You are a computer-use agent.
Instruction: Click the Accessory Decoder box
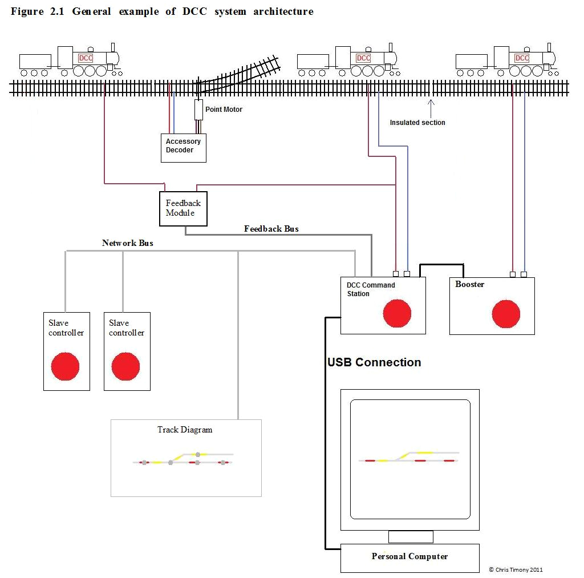pyautogui.click(x=183, y=148)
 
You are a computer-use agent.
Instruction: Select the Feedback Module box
pyautogui.click(x=183, y=209)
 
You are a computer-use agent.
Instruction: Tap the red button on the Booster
pyautogui.click(x=506, y=314)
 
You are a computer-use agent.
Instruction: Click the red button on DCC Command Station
pyautogui.click(x=397, y=313)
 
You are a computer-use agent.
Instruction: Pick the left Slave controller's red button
pyautogui.click(x=66, y=366)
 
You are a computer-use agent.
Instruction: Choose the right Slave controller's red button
pyautogui.click(x=125, y=366)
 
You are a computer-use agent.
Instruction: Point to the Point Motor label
pyautogui.click(x=224, y=110)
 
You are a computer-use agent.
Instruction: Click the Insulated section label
pyautogui.click(x=417, y=123)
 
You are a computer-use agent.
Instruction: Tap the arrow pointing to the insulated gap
pyautogui.click(x=431, y=106)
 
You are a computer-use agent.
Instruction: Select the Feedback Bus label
pyautogui.click(x=271, y=229)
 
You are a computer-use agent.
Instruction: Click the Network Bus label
pyautogui.click(x=127, y=243)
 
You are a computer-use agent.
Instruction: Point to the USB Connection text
pyautogui.click(x=374, y=362)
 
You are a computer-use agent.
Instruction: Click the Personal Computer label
pyautogui.click(x=409, y=556)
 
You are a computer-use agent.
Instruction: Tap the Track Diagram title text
pyautogui.click(x=185, y=430)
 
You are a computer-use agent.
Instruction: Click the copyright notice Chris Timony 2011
pyautogui.click(x=516, y=569)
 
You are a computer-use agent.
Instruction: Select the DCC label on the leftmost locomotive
pyautogui.click(x=86, y=58)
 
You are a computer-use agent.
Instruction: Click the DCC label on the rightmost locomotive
pyautogui.click(x=521, y=58)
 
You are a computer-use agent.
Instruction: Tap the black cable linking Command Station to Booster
pyautogui.click(x=442, y=265)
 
